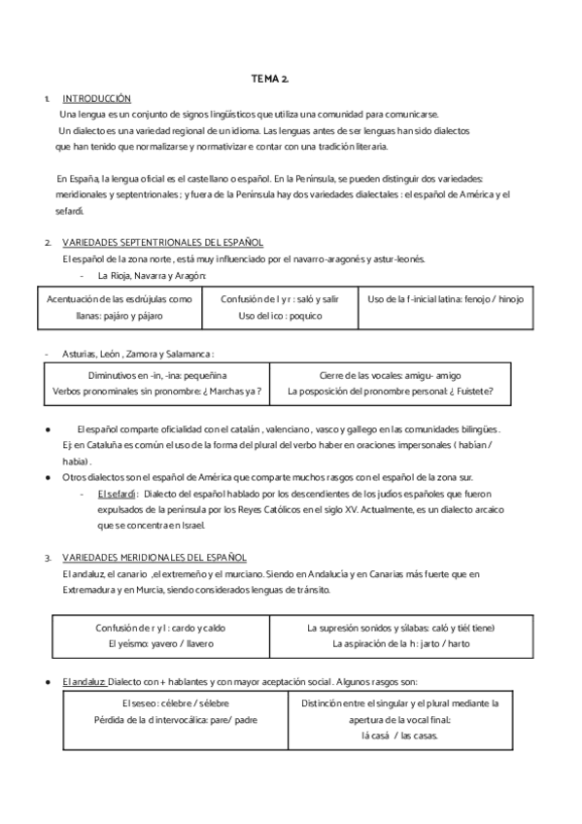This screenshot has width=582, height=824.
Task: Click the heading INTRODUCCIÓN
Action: tap(96, 99)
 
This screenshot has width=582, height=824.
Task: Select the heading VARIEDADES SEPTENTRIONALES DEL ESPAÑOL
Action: tap(162, 242)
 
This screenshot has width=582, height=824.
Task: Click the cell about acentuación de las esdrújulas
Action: tap(113, 308)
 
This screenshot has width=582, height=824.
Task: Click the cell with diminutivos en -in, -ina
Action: tap(156, 383)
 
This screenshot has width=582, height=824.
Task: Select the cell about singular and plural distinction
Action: tap(399, 718)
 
